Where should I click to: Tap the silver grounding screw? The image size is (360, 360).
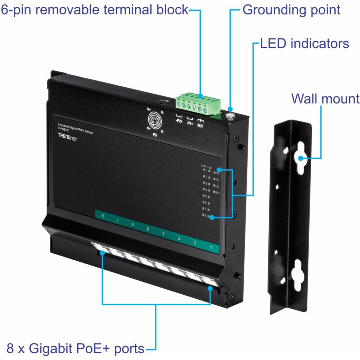[230, 116]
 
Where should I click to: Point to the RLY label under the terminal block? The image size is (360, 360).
[200, 125]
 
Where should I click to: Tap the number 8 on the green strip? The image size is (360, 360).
[103, 216]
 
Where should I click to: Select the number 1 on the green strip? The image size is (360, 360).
[210, 248]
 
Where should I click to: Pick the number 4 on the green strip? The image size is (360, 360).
[163, 234]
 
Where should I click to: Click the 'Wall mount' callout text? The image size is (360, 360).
[325, 98]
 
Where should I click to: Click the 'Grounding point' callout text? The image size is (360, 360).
[291, 10]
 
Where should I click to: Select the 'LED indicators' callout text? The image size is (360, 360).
[304, 43]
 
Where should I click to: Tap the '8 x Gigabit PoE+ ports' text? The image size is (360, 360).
[76, 348]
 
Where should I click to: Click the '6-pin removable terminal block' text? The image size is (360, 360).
[94, 10]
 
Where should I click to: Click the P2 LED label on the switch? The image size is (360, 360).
[217, 180]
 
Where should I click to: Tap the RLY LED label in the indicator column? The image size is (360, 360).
[217, 193]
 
